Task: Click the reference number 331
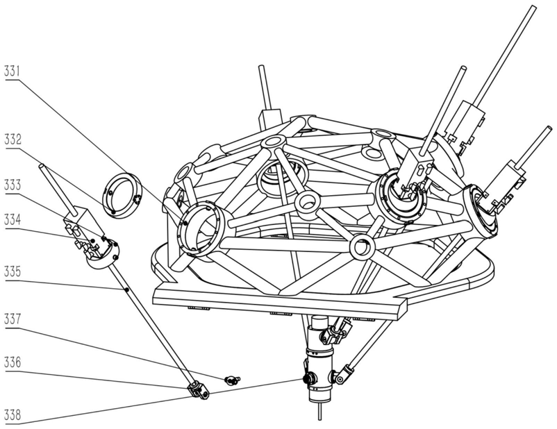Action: click(x=13, y=71)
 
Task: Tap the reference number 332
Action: click(x=13, y=140)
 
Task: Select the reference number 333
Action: click(x=13, y=185)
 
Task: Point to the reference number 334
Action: click(x=13, y=220)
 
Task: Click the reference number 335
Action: click(x=13, y=272)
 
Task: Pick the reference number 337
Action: click(x=13, y=319)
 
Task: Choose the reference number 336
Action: click(x=13, y=362)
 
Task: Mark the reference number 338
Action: click(x=13, y=415)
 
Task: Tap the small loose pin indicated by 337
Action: click(x=233, y=380)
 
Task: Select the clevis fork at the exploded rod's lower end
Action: click(x=198, y=390)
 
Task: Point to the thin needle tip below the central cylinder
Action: click(x=321, y=412)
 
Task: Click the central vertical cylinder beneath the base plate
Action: click(x=319, y=359)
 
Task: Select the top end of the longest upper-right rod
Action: click(x=532, y=8)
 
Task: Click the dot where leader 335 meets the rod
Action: click(x=126, y=289)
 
